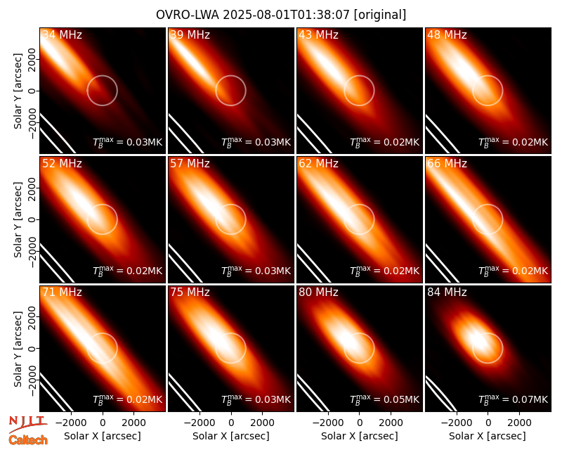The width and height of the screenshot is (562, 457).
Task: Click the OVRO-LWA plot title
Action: tap(281, 15)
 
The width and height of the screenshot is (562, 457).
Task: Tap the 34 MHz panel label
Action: tap(62, 34)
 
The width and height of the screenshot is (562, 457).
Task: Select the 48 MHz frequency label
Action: tap(447, 34)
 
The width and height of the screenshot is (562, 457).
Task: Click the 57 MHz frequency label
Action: tap(190, 164)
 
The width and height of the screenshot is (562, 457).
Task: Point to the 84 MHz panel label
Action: tap(447, 292)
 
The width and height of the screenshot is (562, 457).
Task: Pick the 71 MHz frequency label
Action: tap(62, 292)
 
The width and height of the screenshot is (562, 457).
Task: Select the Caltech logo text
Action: tap(28, 440)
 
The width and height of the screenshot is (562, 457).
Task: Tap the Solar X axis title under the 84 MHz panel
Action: tap(488, 436)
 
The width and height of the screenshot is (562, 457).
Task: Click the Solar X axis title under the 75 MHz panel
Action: tap(231, 436)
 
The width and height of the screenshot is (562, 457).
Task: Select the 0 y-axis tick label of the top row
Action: tap(32, 91)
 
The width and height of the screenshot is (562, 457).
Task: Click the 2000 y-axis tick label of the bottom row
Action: tap(32, 317)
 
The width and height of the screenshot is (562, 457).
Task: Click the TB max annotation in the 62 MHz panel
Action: tap(384, 271)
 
